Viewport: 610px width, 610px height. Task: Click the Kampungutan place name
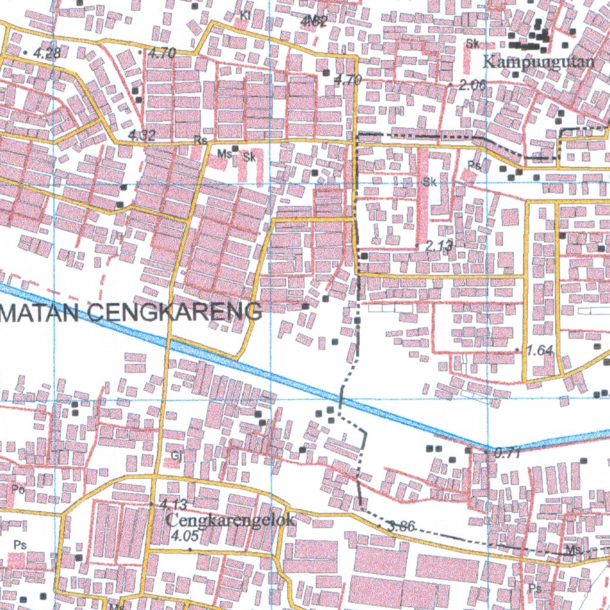coord(538,61)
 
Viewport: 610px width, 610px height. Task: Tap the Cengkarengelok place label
coord(230,519)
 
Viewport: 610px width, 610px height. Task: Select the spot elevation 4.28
coord(46,53)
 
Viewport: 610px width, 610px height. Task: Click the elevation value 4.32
coord(142,135)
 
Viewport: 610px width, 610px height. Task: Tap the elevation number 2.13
coord(440,245)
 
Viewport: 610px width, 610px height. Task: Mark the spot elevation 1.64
coord(540,350)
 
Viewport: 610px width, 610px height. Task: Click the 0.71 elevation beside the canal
coord(508,453)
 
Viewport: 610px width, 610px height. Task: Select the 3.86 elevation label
coord(400,525)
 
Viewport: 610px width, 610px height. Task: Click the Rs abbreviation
coord(200,141)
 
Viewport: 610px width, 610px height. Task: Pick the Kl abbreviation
coord(245,15)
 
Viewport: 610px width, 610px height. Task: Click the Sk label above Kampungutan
coord(473,43)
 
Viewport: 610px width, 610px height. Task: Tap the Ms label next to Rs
coord(224,154)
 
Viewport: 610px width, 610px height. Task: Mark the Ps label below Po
coord(20,544)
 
